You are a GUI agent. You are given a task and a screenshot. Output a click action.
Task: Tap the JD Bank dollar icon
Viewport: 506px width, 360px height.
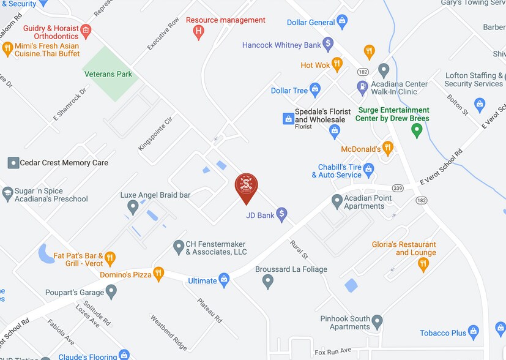coord(281,214)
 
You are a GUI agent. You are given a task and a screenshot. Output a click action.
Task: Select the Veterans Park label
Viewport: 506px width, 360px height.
coord(108,74)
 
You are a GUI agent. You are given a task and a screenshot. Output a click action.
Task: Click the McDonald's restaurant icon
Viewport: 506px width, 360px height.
coord(387,148)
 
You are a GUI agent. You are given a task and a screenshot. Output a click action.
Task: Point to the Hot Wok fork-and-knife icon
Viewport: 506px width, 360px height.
coord(337,64)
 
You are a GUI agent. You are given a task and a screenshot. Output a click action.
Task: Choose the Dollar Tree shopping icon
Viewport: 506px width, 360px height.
coord(315,90)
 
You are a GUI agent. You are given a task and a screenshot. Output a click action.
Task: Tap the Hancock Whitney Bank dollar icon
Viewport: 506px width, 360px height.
coord(328,44)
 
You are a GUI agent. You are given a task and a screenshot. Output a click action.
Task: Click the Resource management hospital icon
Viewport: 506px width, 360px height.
coord(198,32)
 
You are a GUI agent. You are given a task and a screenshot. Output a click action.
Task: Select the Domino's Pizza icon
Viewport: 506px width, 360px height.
coord(158,274)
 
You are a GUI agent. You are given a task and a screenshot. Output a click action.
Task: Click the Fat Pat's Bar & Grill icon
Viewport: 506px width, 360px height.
coord(110,258)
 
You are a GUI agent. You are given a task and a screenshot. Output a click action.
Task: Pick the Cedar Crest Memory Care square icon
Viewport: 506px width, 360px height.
coord(13,162)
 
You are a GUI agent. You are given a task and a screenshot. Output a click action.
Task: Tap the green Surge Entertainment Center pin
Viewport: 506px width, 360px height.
coord(417,130)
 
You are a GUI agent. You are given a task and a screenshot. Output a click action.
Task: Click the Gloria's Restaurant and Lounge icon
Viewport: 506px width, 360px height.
coord(423,264)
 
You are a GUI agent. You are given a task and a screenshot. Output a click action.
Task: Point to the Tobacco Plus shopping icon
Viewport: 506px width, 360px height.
coord(474,332)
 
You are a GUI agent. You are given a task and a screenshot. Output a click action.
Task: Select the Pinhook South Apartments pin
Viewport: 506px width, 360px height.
coord(377,321)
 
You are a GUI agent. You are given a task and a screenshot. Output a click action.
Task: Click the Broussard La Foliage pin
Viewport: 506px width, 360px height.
coord(267,281)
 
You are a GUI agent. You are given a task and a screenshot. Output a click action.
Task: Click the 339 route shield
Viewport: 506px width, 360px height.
coord(397,187)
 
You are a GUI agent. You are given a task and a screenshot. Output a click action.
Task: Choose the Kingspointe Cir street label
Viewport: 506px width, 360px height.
coord(155,133)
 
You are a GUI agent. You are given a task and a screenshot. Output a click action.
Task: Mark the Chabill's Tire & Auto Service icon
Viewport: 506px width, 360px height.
coord(368,168)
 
